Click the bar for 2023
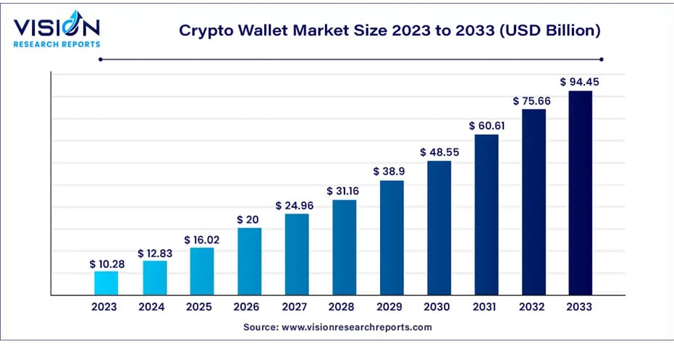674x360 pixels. click(106, 282)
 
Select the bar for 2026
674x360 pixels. click(250, 261)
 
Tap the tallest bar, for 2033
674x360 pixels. click(581, 192)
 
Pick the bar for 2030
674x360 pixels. click(439, 227)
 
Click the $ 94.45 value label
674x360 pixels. click(580, 81)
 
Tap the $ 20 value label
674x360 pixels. click(250, 219)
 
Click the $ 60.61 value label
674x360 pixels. click(486, 125)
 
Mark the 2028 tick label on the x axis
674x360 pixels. click(344, 307)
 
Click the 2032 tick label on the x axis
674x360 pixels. click(533, 307)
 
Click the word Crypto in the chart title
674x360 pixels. click(203, 30)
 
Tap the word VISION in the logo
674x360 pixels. click(56, 28)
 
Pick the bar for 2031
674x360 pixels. click(486, 214)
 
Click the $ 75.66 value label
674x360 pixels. click(532, 101)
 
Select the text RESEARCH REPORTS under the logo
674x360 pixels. click(56, 44)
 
